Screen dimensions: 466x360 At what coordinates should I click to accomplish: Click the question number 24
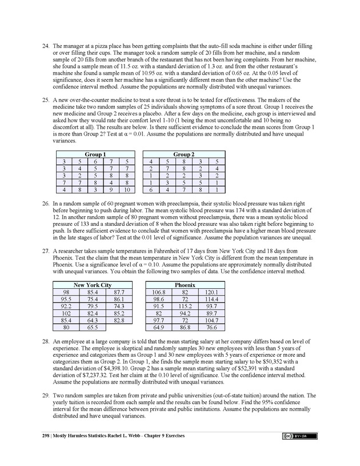tap(45, 45)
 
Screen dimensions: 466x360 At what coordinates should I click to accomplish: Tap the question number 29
tap(45, 395)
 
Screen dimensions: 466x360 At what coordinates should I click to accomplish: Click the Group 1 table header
tap(95, 154)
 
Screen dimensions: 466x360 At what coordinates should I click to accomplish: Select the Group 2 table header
tap(182, 154)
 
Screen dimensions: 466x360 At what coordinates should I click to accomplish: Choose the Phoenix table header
tap(185, 285)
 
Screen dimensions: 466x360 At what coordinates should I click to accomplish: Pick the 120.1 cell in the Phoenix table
tap(210, 292)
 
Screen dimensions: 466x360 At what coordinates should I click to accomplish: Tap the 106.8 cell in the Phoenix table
tap(159, 292)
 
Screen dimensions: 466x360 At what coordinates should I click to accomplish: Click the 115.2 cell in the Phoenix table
tap(185, 306)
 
